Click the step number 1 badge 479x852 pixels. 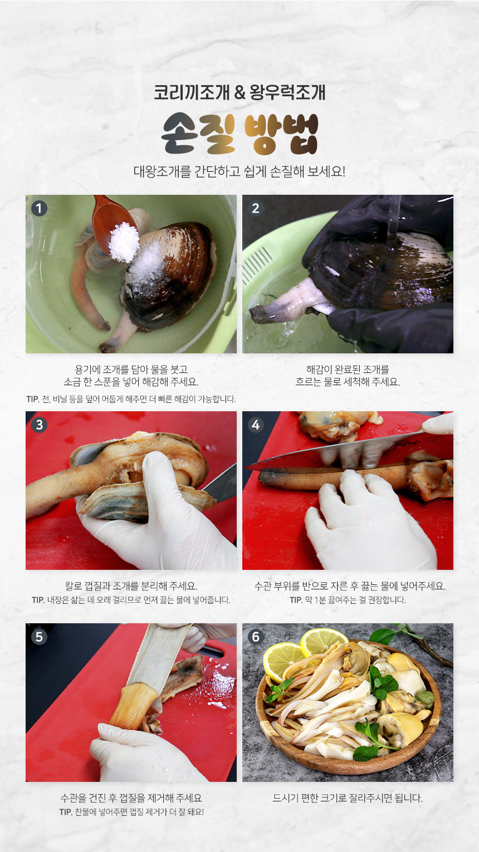pos(39,209)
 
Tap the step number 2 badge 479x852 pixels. pos(256,209)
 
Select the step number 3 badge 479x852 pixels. pos(39,425)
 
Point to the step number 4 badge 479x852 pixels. pos(256,425)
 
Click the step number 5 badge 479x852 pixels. pos(39,637)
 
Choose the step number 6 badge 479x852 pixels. pos(256,637)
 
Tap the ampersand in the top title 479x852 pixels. pos(239,92)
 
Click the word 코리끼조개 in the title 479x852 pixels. pos(192,92)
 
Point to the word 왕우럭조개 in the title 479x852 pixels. pos(287,92)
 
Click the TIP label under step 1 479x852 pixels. pos(33,399)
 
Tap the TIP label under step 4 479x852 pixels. pos(296,600)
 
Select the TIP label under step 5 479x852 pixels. pos(66,812)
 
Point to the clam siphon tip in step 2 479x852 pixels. pos(256,316)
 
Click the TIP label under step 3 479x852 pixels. pos(38,600)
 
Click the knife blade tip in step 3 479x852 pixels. pos(203,491)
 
